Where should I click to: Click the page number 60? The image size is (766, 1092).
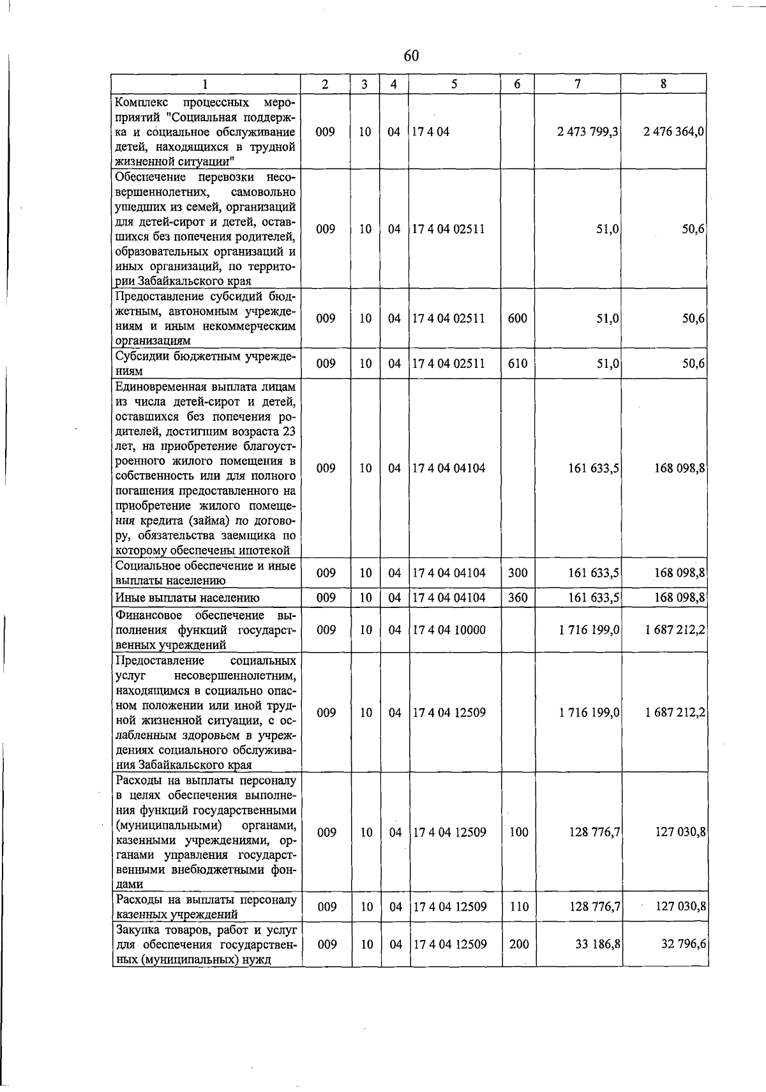pos(411,56)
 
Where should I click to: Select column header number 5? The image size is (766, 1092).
pos(454,84)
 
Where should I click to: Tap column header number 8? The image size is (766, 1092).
pos(664,84)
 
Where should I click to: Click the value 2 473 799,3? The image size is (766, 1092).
pos(588,132)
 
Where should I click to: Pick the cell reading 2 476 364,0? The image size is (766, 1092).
pos(673,132)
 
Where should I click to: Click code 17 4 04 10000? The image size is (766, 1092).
pos(449,630)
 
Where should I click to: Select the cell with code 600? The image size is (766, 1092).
pos(517,318)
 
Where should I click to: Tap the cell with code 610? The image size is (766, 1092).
pos(518,363)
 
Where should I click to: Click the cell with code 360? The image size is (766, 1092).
pos(517,598)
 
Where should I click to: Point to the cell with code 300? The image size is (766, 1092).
pos(517,573)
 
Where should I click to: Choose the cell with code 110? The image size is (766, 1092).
pos(518,906)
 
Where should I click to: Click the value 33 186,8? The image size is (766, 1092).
pos(598,944)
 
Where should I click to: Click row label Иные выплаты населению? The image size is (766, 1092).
pos(187,598)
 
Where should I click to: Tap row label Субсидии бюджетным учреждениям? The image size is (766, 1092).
pos(205,363)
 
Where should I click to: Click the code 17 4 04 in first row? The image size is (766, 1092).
pos(431,132)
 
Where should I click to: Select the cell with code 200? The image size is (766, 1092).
pos(518,944)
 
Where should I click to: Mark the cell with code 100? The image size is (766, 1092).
pos(518,832)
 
